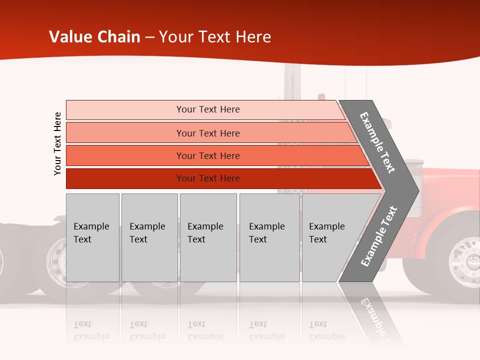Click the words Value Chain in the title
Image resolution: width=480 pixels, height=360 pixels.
pyautogui.click(x=94, y=37)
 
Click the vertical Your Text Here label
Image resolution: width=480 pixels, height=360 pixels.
pyautogui.click(x=57, y=143)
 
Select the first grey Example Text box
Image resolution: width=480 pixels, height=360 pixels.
pyautogui.click(x=92, y=237)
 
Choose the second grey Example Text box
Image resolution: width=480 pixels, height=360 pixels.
pyautogui.click(x=149, y=237)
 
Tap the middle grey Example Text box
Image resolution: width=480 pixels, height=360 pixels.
pyautogui.click(x=208, y=237)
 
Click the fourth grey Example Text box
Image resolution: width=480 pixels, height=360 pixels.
pyautogui.click(x=269, y=237)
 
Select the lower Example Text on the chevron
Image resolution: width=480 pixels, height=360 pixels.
pyautogui.click(x=378, y=236)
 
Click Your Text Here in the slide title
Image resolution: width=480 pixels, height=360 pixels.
pyautogui.click(x=215, y=37)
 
